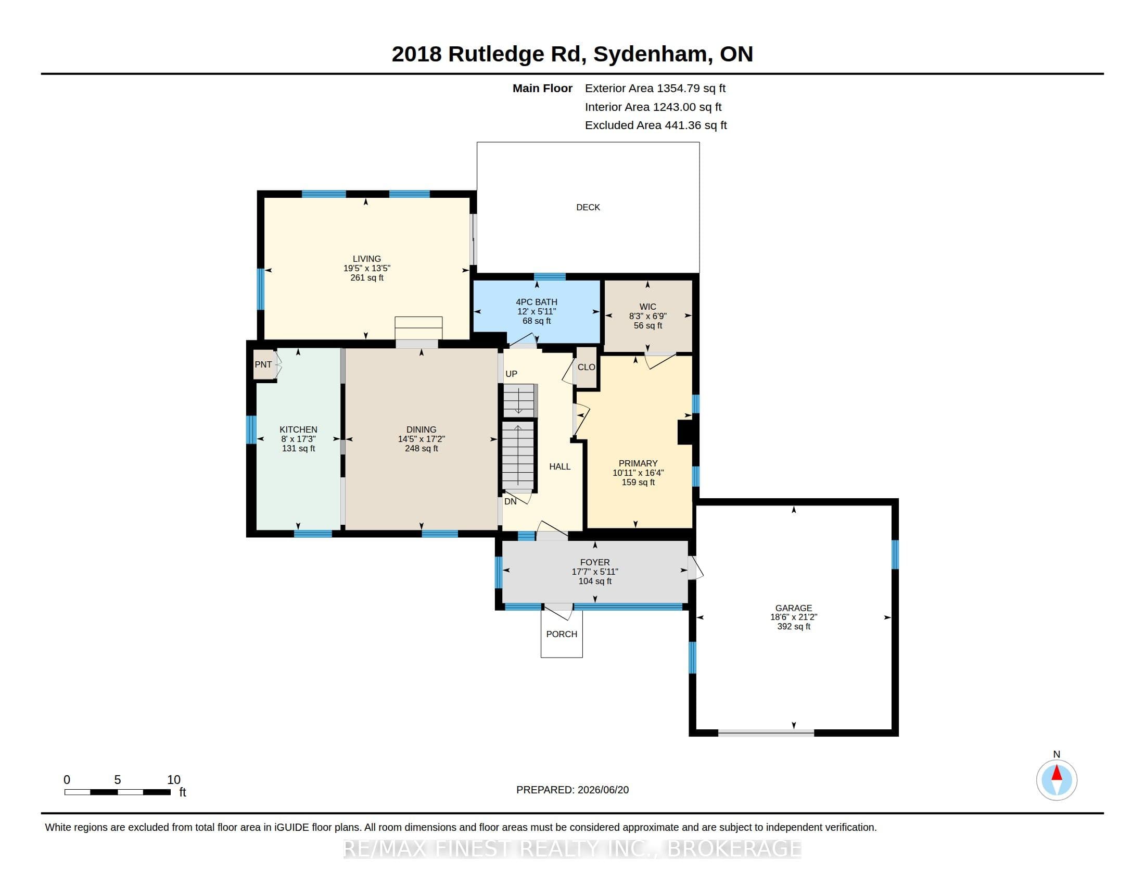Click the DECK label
point(588,207)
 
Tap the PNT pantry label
point(263,364)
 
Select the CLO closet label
point(586,367)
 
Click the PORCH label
point(562,634)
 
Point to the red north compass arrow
point(1057,773)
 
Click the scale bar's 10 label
point(173,780)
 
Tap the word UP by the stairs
point(511,374)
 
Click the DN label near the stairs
point(510,501)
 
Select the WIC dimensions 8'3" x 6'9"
point(647,316)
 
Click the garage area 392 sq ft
point(794,626)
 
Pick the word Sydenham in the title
point(650,55)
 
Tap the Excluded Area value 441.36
point(683,125)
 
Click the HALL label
point(559,466)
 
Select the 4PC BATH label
point(536,302)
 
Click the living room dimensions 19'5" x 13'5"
point(367,268)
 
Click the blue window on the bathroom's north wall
point(550,277)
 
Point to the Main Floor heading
point(542,88)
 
